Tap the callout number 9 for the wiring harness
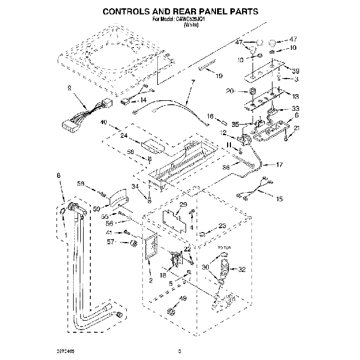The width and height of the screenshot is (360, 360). point(69,88)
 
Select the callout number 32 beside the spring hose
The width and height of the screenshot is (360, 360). point(241,270)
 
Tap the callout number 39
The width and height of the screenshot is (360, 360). point(296,71)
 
